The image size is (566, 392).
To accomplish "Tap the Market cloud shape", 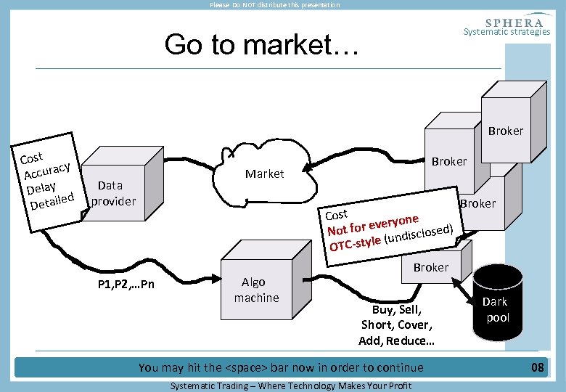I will pyautogui.click(x=265, y=174).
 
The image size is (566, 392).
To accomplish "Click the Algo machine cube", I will pyautogui.click(x=256, y=290).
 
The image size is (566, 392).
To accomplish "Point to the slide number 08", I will pyautogui.click(x=537, y=367).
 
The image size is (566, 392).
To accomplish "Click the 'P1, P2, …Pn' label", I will pyautogui.click(x=126, y=284).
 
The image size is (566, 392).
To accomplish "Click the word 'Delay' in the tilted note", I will pyautogui.click(x=42, y=186).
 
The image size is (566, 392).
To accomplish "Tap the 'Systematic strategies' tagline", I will pyautogui.click(x=506, y=32).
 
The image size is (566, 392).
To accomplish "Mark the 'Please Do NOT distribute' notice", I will pyautogui.click(x=274, y=5).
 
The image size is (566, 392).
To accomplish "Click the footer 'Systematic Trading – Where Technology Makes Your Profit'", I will pyautogui.click(x=290, y=385).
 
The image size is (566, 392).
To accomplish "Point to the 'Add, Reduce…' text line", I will pyautogui.click(x=396, y=340).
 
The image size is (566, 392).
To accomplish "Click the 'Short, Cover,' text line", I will pyautogui.click(x=396, y=324).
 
